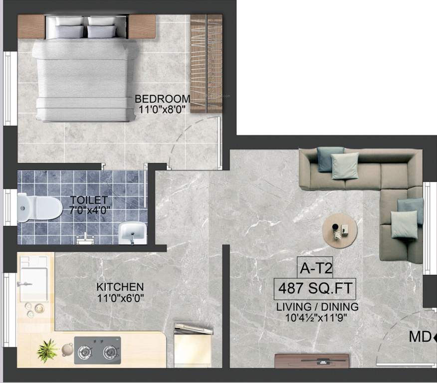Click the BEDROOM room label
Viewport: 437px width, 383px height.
162,99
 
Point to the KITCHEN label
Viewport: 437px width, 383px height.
120,287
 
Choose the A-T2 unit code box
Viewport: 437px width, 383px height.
315,269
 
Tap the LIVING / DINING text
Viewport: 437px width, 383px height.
317,307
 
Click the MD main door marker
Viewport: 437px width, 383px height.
420,338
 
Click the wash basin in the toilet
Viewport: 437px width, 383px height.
133,232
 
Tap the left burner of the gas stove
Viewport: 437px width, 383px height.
85,352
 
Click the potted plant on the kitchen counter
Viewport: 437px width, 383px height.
47,350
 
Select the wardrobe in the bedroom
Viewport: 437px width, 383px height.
206,63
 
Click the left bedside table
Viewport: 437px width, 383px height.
31,26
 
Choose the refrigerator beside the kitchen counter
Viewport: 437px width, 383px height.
193,347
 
